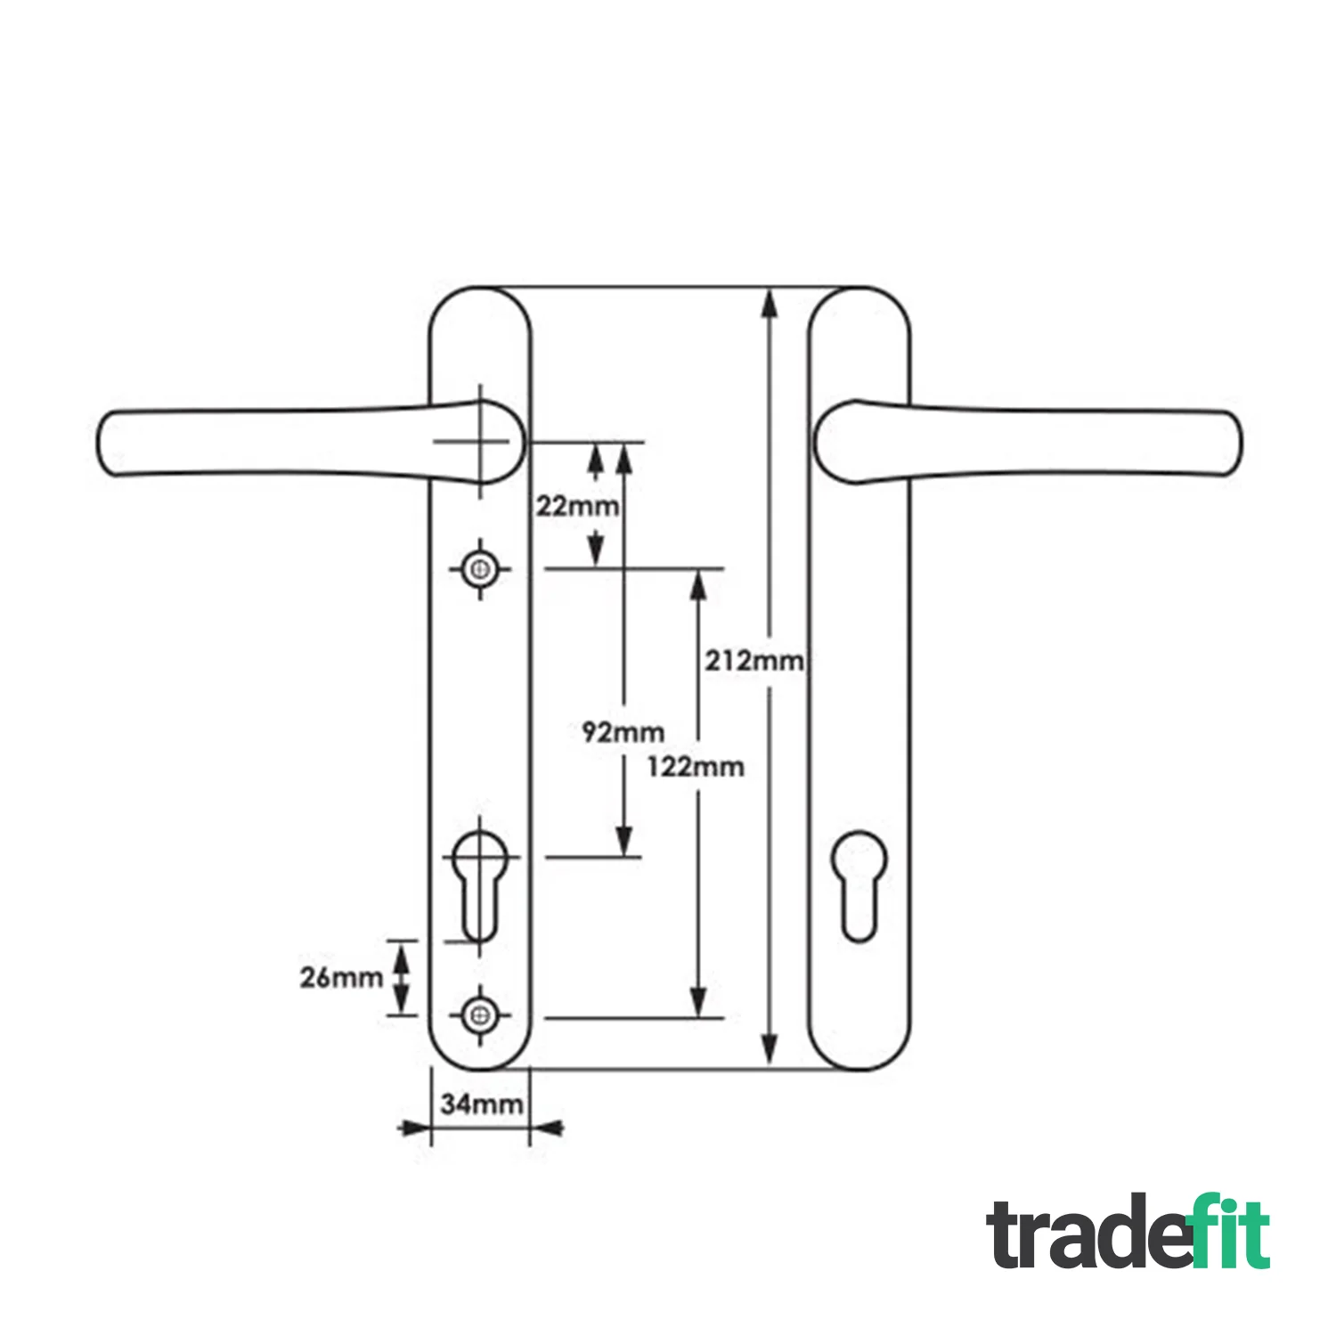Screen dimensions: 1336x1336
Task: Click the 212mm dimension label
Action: point(754,661)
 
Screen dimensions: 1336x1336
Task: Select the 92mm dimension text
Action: point(623,732)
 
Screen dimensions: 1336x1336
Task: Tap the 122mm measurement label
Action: point(696,766)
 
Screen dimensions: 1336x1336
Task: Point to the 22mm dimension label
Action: point(576,506)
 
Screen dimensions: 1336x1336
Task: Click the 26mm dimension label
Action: point(341,977)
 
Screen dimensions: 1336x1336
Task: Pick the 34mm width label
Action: point(482,1104)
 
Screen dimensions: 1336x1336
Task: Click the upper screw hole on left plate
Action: point(481,568)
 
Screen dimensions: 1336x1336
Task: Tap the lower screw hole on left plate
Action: point(481,1014)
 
